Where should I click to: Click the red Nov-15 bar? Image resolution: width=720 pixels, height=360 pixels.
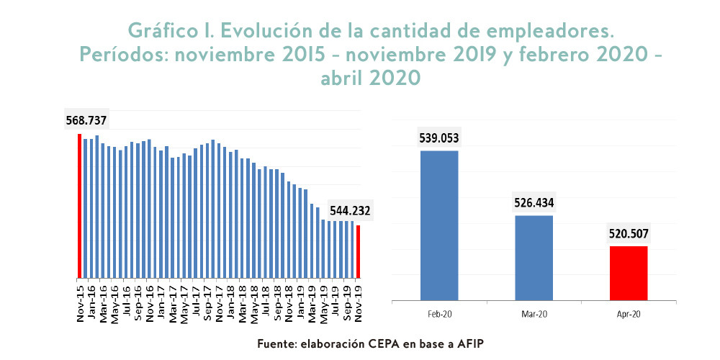79,206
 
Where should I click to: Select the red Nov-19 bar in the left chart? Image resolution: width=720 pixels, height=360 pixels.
359,252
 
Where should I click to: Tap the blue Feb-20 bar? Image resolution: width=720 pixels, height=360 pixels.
439,225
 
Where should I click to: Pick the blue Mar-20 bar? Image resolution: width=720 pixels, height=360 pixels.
534,258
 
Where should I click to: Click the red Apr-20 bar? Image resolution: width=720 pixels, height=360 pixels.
629,273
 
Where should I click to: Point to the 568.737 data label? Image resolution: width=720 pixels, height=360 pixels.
86,120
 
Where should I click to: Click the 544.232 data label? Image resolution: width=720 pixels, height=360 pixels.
350,211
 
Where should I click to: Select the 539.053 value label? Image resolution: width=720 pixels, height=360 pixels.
438,138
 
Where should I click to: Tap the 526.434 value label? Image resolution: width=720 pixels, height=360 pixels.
534,203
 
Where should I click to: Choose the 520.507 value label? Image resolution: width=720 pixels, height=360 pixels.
629,233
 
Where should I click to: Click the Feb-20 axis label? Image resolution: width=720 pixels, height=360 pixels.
439,314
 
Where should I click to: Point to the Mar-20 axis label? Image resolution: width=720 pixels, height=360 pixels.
534,314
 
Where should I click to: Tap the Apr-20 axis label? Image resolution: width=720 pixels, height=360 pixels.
629,314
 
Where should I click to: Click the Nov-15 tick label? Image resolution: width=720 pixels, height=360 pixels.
79,301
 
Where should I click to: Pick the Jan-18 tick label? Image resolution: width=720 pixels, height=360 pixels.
230,301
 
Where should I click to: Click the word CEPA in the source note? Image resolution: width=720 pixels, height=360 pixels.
377,344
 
